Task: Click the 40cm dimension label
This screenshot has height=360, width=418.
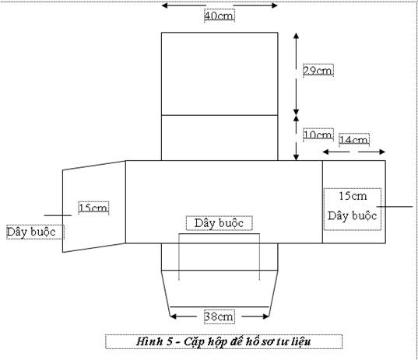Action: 220,16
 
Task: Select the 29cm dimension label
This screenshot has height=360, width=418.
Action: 318,71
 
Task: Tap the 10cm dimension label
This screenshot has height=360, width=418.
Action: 318,135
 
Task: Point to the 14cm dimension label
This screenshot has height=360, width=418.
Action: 354,140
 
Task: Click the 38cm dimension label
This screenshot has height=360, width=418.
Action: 220,316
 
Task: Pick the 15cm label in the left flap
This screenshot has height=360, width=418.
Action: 93,208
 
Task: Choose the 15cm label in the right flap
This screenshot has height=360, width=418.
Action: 353,196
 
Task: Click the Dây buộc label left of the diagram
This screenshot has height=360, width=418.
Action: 31,232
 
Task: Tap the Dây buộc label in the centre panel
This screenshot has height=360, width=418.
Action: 219,223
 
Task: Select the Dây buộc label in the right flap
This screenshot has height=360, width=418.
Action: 352,215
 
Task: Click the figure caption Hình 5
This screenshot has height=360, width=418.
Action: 223,341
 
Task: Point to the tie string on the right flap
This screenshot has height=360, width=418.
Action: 395,206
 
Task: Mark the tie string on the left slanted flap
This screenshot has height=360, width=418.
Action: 58,215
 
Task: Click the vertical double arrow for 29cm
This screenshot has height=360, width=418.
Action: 296,74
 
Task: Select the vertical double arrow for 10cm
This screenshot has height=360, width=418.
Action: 296,138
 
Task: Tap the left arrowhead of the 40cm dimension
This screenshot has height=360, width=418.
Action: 165,5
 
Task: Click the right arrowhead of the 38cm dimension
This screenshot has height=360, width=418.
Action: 265,316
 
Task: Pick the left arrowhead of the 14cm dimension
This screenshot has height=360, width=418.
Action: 326,152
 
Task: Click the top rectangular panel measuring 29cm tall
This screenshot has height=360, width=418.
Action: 220,74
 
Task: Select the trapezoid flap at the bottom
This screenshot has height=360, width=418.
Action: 220,293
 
